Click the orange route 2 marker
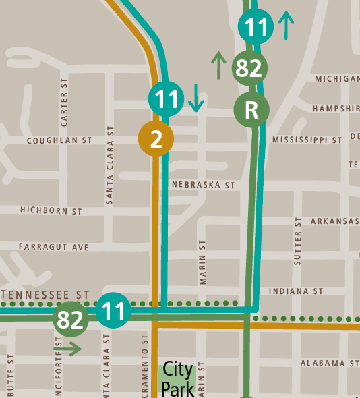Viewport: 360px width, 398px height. [156, 139]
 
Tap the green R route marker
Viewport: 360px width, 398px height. [251, 110]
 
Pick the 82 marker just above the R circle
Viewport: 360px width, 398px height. [249, 68]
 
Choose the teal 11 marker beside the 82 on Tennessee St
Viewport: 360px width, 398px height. [113, 311]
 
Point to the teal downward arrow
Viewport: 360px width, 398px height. [196, 98]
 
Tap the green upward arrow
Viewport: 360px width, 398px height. [218, 65]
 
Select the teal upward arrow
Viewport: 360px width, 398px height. [286, 25]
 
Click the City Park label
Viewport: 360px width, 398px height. [177, 379]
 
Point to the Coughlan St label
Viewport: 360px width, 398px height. [59, 141]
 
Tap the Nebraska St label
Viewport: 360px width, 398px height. [202, 184]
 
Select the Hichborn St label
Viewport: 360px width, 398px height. [51, 211]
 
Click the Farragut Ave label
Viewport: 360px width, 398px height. [54, 248]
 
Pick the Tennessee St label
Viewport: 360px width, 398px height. [46, 295]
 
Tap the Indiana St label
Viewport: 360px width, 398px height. [296, 291]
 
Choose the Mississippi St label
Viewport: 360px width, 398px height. [307, 140]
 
